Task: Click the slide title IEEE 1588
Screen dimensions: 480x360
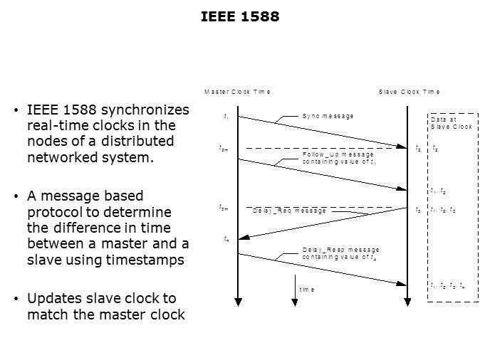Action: pyautogui.click(x=240, y=16)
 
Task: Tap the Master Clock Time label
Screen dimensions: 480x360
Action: pyautogui.click(x=237, y=92)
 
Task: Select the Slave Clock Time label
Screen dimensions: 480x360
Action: pyautogui.click(x=409, y=92)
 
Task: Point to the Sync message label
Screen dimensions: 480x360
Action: pyautogui.click(x=328, y=116)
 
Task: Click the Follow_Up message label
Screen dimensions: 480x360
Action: pyautogui.click(x=338, y=154)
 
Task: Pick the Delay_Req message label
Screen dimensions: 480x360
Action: pyautogui.click(x=289, y=211)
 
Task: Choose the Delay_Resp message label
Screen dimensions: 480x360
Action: pyautogui.click(x=340, y=250)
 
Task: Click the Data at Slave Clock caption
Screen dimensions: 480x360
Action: pyautogui.click(x=452, y=123)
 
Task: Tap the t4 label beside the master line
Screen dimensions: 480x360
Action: pyautogui.click(x=226, y=239)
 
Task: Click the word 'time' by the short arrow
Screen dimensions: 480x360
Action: pyautogui.click(x=307, y=290)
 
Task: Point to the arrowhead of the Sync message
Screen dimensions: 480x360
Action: pyautogui.click(x=402, y=147)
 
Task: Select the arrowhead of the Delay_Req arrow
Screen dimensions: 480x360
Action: pyautogui.click(x=244, y=237)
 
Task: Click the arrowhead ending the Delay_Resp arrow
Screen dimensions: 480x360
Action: pyautogui.click(x=402, y=284)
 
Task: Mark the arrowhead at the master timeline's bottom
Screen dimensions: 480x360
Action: pyautogui.click(x=238, y=302)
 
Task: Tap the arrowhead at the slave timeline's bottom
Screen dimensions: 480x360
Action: pyautogui.click(x=407, y=302)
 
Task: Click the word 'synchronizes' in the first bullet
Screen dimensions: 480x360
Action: pyautogui.click(x=145, y=110)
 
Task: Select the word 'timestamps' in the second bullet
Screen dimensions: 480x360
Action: pyautogui.click(x=145, y=260)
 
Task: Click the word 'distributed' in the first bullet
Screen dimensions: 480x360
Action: pyautogui.click(x=137, y=142)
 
